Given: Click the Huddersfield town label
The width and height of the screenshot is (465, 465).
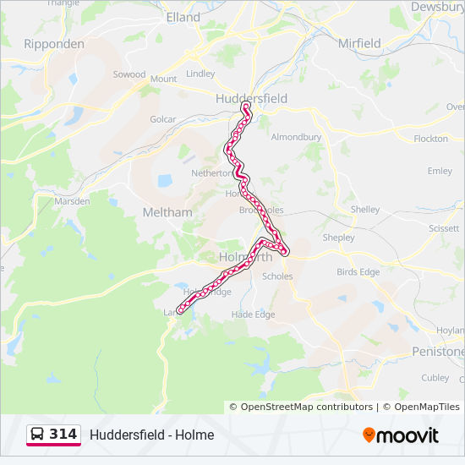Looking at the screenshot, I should [x=251, y=98].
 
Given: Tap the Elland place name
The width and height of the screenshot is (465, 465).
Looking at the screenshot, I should [x=183, y=17].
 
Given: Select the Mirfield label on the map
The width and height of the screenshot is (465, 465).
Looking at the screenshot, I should [x=358, y=42].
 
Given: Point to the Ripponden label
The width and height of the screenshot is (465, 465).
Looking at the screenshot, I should [x=54, y=43].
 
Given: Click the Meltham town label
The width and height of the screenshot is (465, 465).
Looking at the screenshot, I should [x=167, y=212].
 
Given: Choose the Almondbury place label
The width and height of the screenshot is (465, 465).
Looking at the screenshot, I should [x=297, y=136].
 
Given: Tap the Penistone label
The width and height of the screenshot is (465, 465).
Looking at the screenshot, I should [x=438, y=350].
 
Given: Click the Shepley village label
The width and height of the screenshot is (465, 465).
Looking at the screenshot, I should [x=339, y=238].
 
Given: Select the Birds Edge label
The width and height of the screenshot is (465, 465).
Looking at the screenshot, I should [x=358, y=271].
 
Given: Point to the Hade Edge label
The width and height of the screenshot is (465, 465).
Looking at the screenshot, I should [x=254, y=315].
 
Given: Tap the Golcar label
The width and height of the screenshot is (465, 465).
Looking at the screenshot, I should [x=162, y=119].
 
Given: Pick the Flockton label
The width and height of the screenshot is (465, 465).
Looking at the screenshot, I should [x=431, y=138].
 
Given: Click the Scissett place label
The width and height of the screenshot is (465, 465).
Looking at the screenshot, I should [x=444, y=228].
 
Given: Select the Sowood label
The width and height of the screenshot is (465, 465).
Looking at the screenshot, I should [x=129, y=74].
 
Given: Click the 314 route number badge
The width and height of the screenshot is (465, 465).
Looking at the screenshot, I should [x=63, y=435].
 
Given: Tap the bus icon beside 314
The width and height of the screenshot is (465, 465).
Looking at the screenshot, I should [x=37, y=435].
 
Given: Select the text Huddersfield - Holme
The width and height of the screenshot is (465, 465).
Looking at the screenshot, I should [x=152, y=435].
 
